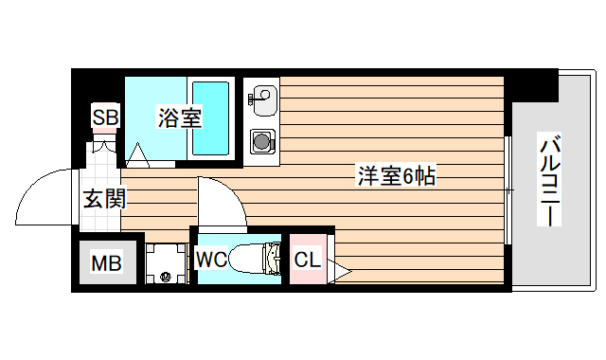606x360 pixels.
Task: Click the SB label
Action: (104, 118)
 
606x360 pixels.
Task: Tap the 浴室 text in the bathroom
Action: (179, 119)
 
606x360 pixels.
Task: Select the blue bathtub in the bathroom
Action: (210, 117)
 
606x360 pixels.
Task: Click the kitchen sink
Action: (263, 95)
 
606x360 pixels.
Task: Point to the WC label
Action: (211, 258)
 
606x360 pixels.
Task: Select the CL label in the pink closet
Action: (307, 259)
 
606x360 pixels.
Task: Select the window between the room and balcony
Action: (508, 190)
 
